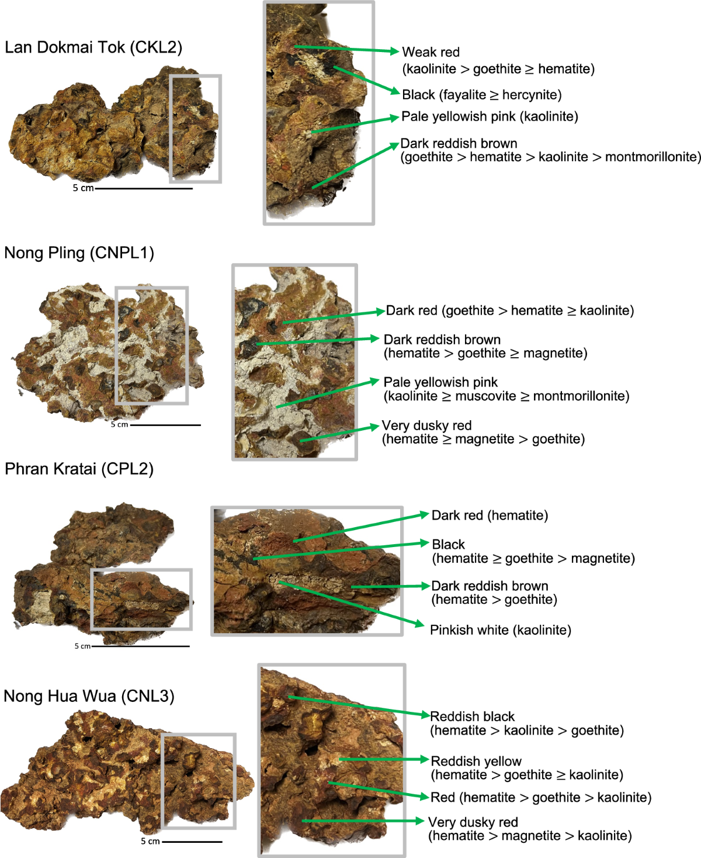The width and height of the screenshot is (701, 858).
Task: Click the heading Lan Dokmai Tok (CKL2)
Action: point(93,47)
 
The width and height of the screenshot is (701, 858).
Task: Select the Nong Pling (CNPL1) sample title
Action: point(79,253)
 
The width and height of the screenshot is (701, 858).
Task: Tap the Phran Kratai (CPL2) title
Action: point(79,469)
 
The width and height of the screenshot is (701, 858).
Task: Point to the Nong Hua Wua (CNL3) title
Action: point(89,696)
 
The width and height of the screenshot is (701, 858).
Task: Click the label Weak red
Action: point(431,52)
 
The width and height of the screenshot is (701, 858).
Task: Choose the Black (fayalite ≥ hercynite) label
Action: point(481,95)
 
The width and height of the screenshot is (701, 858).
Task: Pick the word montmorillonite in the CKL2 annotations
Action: point(652,157)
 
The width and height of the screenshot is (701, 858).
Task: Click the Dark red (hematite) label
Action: point(490,516)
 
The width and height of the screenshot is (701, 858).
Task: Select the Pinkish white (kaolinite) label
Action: point(500,630)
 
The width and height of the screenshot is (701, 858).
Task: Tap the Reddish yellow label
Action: point(476,761)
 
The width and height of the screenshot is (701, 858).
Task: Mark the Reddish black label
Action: point(473,717)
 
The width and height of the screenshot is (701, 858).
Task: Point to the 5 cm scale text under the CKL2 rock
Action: point(83,188)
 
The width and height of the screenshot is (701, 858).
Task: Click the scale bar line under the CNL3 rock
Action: point(192,842)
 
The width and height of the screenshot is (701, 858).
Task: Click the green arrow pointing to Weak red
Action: point(346,49)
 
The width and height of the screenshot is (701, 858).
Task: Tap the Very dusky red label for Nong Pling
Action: point(426,425)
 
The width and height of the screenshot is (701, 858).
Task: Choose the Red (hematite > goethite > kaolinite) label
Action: point(540,797)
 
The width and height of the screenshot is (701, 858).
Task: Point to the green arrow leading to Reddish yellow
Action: point(383,759)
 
